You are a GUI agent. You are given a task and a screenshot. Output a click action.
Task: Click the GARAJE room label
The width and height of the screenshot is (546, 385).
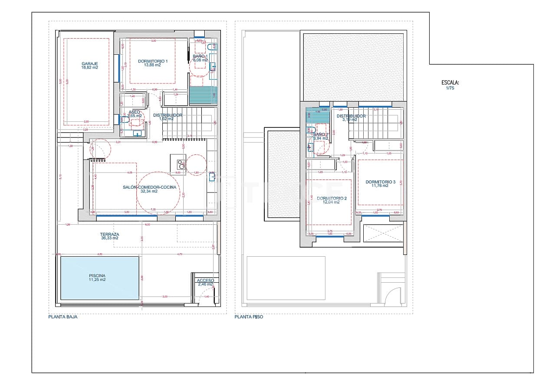coord(89,63)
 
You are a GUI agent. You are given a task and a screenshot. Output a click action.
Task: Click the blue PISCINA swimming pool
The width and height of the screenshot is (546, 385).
coord(100,277)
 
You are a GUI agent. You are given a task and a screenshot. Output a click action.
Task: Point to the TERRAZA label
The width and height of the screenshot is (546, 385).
coord(109,234)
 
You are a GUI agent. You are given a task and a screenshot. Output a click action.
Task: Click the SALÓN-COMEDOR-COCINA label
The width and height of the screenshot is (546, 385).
coord(149,187)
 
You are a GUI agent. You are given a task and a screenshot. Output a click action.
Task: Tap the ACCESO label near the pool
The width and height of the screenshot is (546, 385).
coord(205,281)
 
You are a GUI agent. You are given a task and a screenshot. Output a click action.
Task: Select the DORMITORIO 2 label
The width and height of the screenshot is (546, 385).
coord(332,198)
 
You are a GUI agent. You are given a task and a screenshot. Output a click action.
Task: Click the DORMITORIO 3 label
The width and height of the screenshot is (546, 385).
coord(380,182)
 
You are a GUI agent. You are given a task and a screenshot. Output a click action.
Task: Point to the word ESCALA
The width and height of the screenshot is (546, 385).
coord(450,82)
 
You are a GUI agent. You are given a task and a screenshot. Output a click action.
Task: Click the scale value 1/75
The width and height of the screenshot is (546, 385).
coord(450,88)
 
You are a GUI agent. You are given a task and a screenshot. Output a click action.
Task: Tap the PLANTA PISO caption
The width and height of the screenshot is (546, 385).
coord(249,317)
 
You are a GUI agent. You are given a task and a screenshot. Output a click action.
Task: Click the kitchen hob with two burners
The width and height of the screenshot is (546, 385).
coord(181,164)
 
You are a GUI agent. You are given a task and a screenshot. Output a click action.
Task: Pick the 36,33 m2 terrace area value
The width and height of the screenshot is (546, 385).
coord(109,238)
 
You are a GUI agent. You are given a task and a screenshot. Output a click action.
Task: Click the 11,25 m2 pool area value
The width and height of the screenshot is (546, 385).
coord(97,280)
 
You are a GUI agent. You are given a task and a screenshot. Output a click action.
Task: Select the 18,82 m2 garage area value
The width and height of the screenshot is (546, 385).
coord(89,68)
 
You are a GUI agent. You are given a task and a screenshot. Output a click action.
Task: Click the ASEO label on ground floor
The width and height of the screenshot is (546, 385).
coord(134,112)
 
